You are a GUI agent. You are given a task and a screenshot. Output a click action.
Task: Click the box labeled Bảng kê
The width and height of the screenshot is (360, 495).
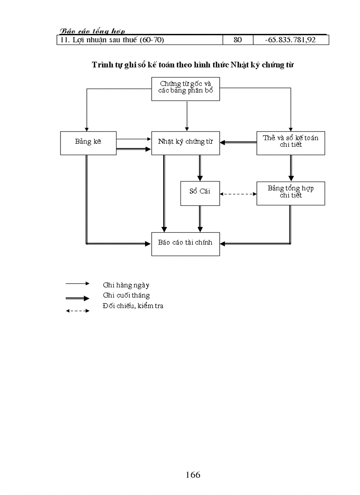coord(89,143)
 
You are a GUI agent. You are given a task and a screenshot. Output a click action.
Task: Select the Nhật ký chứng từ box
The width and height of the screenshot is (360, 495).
coord(185,143)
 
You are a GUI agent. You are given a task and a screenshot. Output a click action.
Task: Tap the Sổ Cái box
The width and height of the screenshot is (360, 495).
coord(200,194)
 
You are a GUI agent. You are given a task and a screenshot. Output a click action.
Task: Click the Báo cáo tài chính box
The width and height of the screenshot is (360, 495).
coord(185,243)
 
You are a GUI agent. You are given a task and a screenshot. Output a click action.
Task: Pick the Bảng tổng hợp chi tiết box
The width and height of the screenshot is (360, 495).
coord(291,193)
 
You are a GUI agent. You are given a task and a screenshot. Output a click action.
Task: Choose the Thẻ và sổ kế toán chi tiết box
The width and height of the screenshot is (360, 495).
coord(291,143)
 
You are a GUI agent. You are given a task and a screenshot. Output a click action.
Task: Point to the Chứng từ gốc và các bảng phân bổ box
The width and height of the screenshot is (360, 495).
coord(185,89)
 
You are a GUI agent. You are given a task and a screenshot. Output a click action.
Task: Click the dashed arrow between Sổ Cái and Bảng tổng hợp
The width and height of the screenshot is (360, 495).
coord(238,194)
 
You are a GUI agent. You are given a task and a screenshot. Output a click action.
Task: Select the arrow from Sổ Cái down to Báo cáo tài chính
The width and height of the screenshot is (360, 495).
coord(200,219)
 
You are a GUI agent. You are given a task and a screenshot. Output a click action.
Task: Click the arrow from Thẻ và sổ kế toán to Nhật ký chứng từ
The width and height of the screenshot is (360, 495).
coord(238,142)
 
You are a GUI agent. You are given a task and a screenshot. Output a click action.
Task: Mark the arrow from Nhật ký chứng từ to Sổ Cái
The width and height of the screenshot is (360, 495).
coord(200,167)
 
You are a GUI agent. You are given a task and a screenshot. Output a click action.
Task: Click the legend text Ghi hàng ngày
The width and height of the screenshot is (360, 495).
coord(126,285)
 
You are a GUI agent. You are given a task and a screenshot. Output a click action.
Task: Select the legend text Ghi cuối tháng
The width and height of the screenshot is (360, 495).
coord(126,295)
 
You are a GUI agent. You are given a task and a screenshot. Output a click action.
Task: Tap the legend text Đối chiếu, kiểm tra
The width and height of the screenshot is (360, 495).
coord(133,306)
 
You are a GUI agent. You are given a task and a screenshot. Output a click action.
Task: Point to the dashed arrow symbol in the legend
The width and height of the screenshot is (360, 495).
coord(78,311)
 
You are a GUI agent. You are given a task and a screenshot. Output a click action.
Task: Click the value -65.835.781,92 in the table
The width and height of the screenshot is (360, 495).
coord(290,40)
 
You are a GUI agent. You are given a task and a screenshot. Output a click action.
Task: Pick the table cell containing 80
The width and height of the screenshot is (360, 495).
coord(237,40)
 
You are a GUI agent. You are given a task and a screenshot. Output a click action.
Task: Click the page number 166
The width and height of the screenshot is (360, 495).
coord(193,475)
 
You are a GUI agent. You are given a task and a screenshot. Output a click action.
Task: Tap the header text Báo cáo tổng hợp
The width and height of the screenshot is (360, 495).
coord(92,31)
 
